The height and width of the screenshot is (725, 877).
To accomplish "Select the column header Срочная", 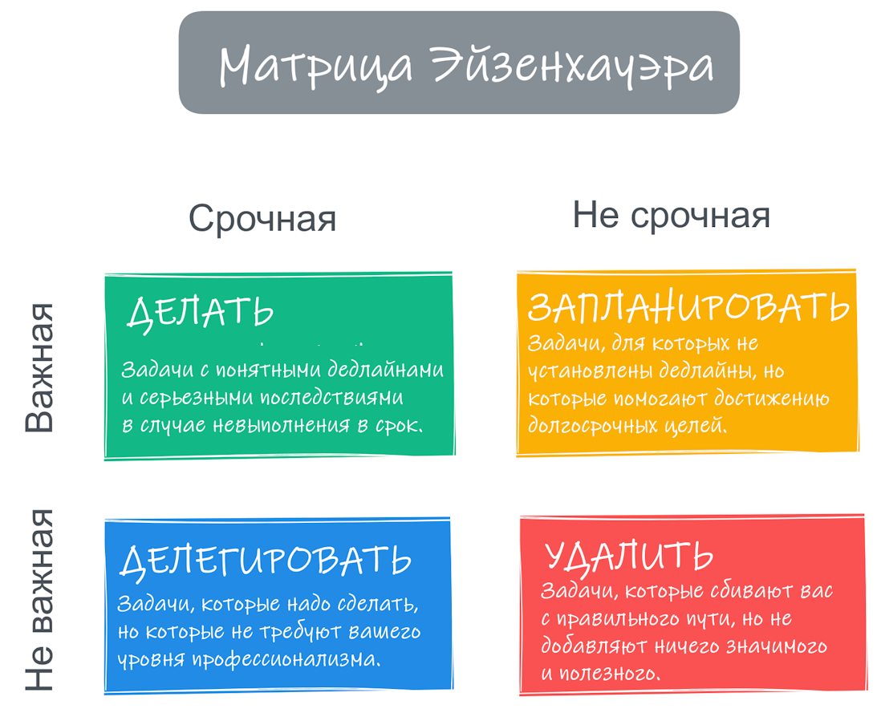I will (x=262, y=218).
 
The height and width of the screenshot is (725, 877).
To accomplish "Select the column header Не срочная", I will (x=671, y=216).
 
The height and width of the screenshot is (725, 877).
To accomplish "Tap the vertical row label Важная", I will (x=39, y=367).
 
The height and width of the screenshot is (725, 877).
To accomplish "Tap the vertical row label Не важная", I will (x=39, y=599).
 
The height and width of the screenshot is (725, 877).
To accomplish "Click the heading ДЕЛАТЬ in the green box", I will (x=200, y=312).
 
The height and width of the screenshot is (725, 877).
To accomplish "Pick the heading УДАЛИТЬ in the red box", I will (x=628, y=556).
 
